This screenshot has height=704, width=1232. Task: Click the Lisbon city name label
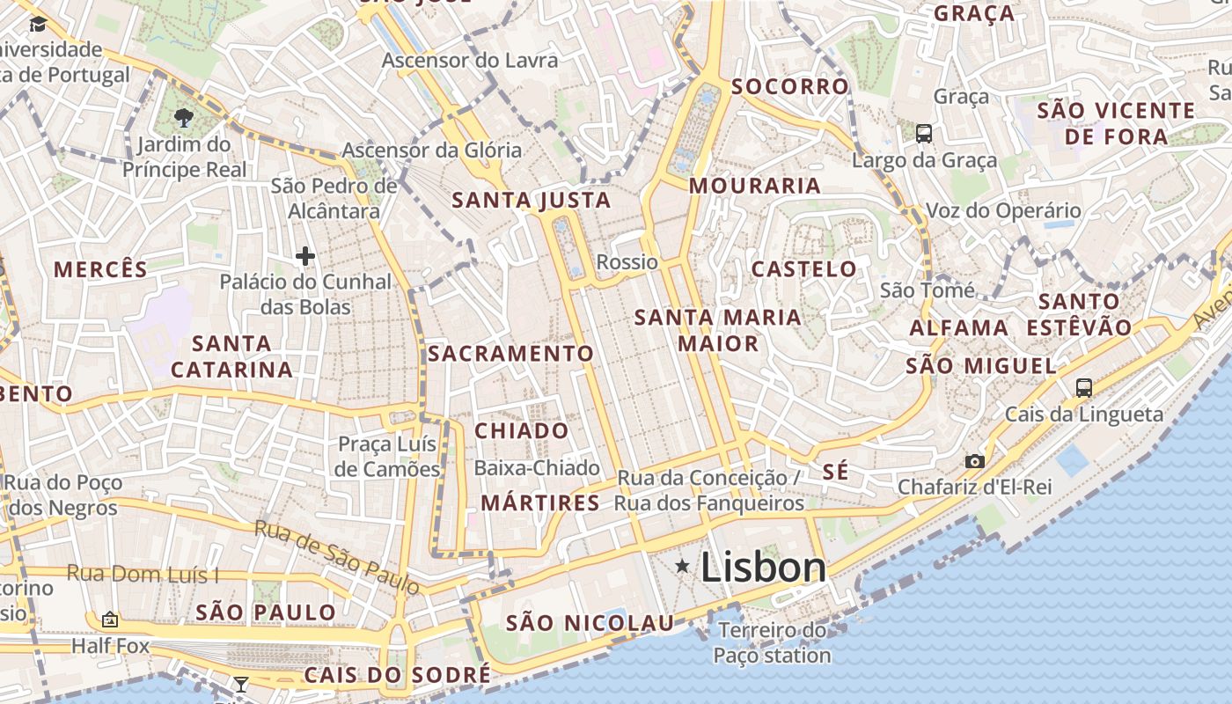[763, 568]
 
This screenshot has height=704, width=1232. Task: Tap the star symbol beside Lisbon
[682, 567]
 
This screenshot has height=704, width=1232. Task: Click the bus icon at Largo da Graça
[923, 134]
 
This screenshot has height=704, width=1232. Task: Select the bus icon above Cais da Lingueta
[1083, 387]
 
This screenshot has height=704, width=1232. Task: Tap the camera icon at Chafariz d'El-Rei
[974, 461]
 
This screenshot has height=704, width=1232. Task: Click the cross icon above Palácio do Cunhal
[305, 256]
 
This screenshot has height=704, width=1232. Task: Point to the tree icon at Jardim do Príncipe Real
[184, 118]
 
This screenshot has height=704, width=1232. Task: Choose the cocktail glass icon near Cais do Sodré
[240, 684]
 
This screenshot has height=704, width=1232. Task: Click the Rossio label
[627, 261]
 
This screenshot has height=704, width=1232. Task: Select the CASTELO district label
[803, 268]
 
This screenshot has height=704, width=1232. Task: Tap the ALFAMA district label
[958, 327]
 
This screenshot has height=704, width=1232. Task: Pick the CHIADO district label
[522, 430]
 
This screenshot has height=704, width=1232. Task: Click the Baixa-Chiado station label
[537, 467]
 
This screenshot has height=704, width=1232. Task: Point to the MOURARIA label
[754, 186]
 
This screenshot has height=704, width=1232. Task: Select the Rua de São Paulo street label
[337, 556]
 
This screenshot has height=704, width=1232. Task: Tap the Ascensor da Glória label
[431, 150]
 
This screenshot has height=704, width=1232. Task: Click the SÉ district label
[836, 472]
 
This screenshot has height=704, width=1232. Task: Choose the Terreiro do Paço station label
[772, 642]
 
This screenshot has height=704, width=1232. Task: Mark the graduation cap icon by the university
[38, 24]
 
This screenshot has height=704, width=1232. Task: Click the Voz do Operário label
[1002, 210]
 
